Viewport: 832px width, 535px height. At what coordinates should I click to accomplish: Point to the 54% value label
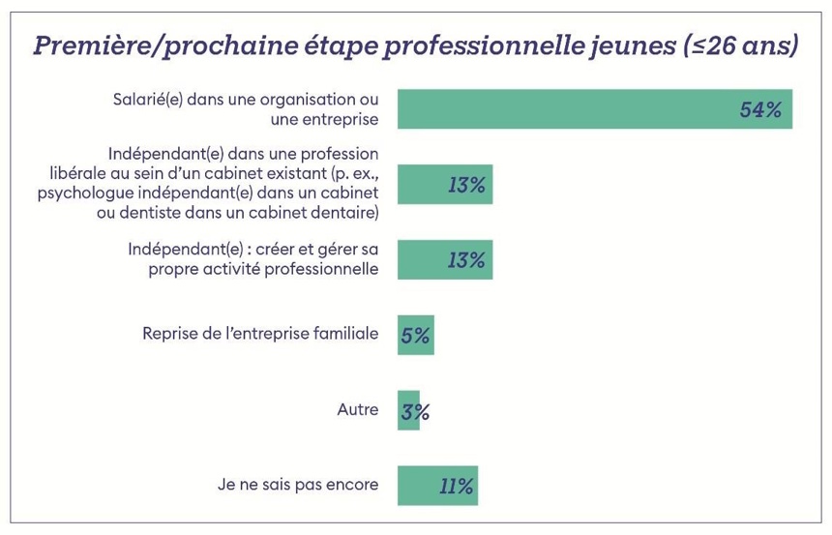759,109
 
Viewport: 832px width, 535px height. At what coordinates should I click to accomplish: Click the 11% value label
456,486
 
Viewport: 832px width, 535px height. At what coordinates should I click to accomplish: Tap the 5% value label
416,336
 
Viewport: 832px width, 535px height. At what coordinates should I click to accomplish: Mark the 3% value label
414,411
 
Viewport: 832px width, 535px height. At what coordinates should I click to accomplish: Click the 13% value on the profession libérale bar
466,185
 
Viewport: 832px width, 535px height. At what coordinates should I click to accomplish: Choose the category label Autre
357,409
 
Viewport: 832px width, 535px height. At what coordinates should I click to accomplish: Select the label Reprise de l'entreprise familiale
260,334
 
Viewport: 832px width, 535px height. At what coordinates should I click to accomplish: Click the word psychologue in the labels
81,193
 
